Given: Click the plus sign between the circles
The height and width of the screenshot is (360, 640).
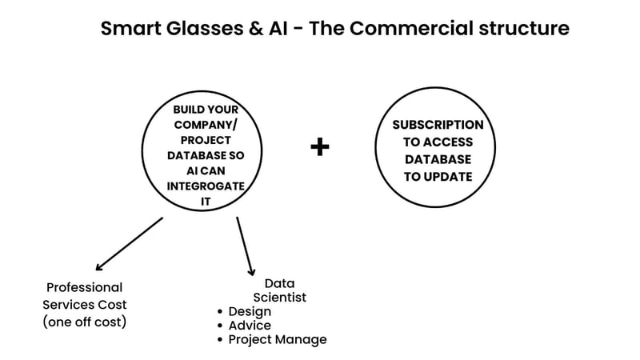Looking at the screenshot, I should pyautogui.click(x=320, y=147).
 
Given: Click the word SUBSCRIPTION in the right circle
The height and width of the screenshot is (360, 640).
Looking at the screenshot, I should pyautogui.click(x=438, y=125).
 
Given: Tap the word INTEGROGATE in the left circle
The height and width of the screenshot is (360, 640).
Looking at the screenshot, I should pyautogui.click(x=205, y=186).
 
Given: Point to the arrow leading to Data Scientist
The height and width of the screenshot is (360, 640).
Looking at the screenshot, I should pyautogui.click(x=245, y=246).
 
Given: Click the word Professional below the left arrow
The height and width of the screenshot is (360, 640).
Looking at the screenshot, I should pyautogui.click(x=84, y=287).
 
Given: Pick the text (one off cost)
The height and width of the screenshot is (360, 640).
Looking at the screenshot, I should pyautogui.click(x=84, y=322).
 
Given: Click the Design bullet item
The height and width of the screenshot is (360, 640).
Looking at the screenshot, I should pyautogui.click(x=250, y=311).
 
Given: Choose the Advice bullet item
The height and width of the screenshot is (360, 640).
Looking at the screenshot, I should pyautogui.click(x=250, y=326).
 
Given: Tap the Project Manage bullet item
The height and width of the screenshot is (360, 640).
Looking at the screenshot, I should pyautogui.click(x=277, y=340).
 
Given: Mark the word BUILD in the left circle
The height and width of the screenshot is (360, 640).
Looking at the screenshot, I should pyautogui.click(x=190, y=110).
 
